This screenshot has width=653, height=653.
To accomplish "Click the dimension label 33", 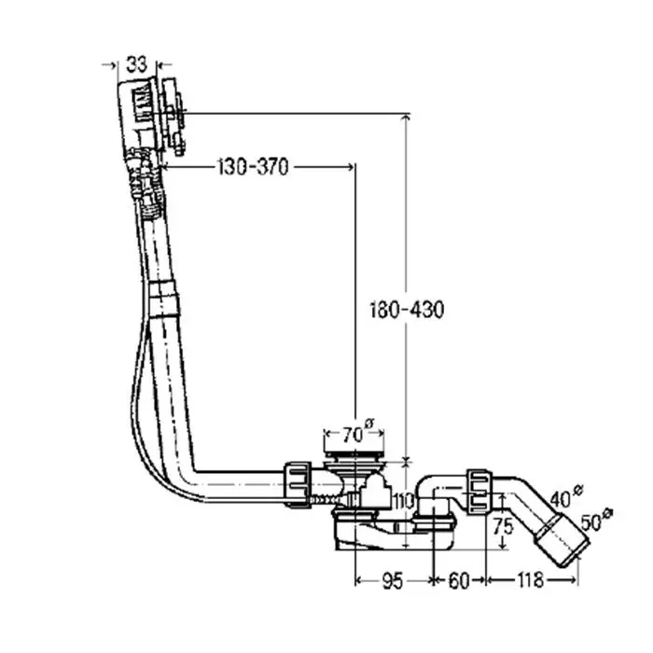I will tap(136, 64).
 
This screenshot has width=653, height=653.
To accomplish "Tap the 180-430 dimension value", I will tap(406, 310).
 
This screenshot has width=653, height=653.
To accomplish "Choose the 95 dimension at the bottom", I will tap(392, 581).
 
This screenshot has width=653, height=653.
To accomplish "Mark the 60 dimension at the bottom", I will tap(458, 581).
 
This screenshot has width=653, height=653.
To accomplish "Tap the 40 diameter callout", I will tap(563, 499).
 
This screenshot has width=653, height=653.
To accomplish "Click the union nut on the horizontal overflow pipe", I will tap(299, 481).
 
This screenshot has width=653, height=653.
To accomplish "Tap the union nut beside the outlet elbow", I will tap(479, 488).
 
